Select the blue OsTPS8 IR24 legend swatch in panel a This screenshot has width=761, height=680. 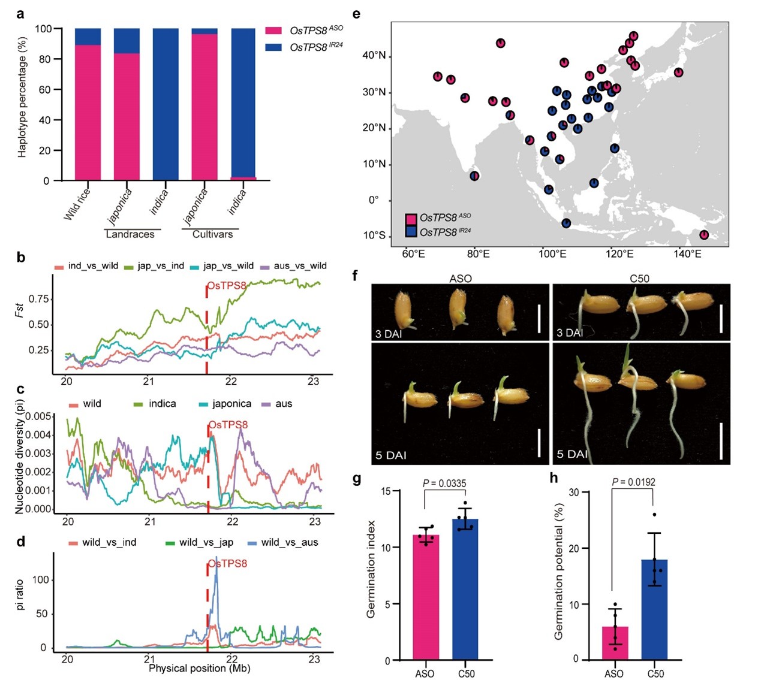click(x=273, y=47)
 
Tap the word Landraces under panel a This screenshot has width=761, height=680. click(x=130, y=234)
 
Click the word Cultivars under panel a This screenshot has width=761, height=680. click(x=212, y=234)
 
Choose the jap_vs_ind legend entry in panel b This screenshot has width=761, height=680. click(x=160, y=266)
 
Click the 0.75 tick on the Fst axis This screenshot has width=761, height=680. click(x=39, y=299)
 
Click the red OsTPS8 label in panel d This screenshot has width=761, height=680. click(x=228, y=564)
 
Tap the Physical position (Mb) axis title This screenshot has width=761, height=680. click(x=199, y=668)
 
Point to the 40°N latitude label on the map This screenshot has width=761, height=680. click(x=374, y=56)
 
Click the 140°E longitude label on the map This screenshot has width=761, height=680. click(x=687, y=254)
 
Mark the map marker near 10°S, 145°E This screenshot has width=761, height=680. click(x=704, y=235)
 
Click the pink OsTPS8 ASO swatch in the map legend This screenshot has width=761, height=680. click(x=411, y=219)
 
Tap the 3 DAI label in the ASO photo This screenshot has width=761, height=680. click(x=389, y=334)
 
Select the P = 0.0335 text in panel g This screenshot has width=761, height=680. click(x=444, y=483)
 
